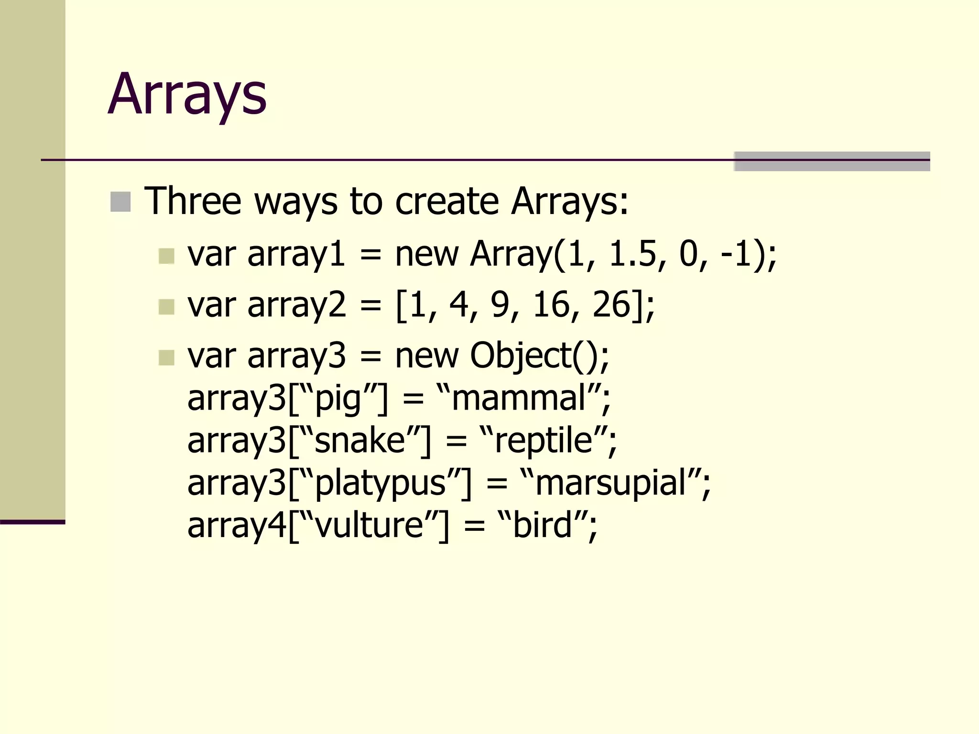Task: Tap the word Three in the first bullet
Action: tap(193, 201)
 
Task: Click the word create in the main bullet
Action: tap(447, 201)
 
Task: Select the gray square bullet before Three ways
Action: tap(120, 202)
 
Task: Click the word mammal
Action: tap(518, 398)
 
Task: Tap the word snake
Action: tap(360, 440)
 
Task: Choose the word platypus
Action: tap(381, 483)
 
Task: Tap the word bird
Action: tap(542, 525)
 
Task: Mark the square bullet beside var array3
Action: tap(166, 357)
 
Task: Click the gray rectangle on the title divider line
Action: tap(832, 162)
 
